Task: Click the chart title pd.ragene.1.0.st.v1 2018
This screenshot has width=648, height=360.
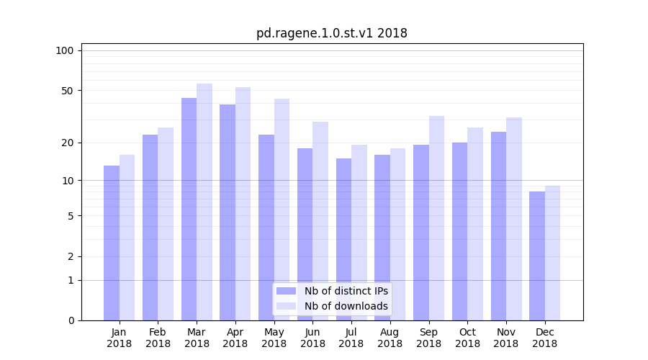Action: tap(332, 33)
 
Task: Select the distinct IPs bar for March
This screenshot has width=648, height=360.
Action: tap(189, 209)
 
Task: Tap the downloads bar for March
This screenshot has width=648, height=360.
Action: tap(204, 202)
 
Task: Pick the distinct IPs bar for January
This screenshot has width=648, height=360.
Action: tap(112, 243)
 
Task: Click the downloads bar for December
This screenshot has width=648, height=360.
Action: tap(553, 253)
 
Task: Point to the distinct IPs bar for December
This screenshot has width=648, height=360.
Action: tap(537, 256)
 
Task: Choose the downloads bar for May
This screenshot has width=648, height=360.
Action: tap(282, 210)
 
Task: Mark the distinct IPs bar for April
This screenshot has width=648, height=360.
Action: tap(228, 212)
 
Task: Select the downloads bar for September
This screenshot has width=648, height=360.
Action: tap(436, 218)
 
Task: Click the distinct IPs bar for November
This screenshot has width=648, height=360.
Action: tap(498, 226)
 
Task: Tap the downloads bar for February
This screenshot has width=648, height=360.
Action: tap(166, 224)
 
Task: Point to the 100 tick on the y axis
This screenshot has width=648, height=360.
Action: tap(65, 50)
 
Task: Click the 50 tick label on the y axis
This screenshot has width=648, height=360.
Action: tap(68, 91)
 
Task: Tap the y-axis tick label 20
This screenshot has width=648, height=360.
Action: tap(68, 143)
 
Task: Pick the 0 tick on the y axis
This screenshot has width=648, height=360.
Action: tap(71, 320)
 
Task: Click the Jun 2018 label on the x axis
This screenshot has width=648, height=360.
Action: tap(312, 338)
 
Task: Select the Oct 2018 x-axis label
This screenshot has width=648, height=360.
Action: tap(467, 338)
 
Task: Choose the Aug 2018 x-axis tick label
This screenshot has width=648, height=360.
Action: tap(390, 338)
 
